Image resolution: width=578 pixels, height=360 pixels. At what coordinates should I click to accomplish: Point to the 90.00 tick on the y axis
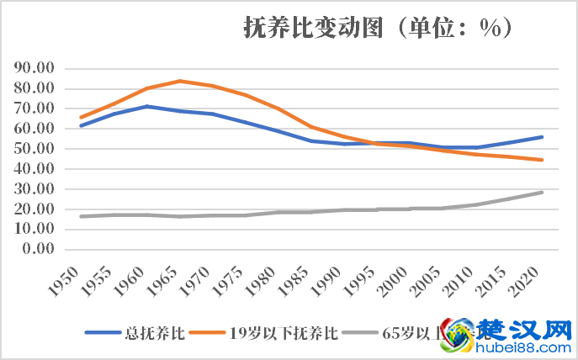(34, 68)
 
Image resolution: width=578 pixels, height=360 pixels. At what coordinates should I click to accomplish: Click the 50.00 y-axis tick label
(34, 149)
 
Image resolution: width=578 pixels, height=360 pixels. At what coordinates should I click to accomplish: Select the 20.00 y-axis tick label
(34, 209)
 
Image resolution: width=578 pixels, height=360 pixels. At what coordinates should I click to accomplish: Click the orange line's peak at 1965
(179, 81)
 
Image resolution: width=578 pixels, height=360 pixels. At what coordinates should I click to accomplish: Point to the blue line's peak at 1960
(147, 106)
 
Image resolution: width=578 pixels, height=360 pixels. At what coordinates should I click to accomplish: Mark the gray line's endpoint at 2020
(542, 192)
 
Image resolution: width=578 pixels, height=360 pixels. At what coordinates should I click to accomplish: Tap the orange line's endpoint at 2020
(542, 160)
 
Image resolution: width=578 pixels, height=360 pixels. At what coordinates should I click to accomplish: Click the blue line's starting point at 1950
(82, 125)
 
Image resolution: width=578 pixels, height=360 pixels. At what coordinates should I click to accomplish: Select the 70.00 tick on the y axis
(34, 109)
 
